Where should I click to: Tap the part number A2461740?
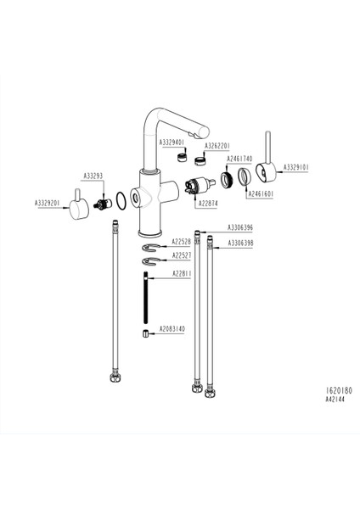[x=240, y=159]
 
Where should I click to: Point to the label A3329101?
[x=295, y=167]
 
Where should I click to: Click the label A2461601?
[x=260, y=193]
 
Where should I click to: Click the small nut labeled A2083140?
[x=147, y=333]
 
